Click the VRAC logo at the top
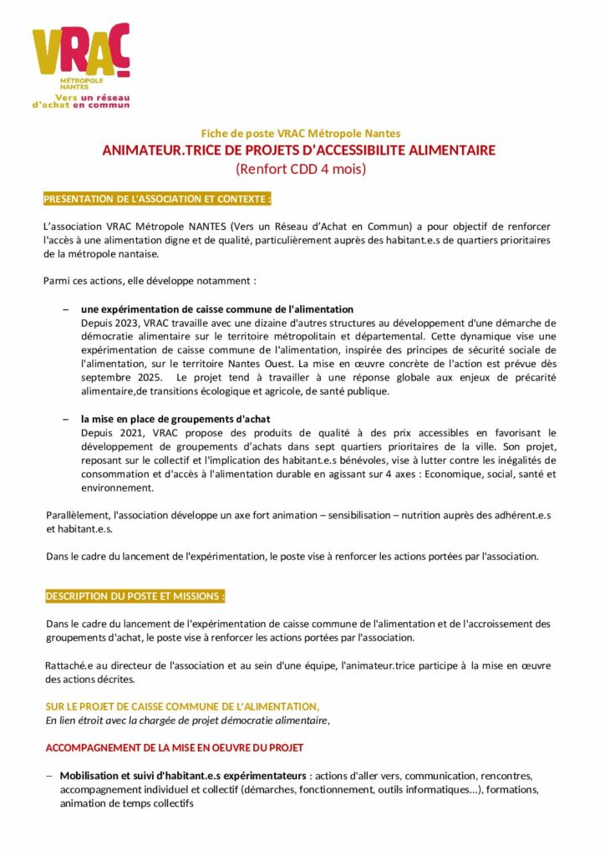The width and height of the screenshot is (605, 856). pos(80,54)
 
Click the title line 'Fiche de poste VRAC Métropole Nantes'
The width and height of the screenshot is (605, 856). pos(301,133)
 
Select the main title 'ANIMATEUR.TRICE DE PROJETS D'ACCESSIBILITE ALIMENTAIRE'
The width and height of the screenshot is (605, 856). pos(299,150)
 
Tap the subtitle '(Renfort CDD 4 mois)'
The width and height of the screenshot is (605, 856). pos(301,169)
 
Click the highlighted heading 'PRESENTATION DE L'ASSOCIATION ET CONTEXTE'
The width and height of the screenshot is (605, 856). pos(157,200)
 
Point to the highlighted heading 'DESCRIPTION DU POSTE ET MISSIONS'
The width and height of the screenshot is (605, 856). pos(135,596)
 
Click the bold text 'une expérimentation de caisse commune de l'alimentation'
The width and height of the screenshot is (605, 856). pos(216,309)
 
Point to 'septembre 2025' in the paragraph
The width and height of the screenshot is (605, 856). pos(122,378)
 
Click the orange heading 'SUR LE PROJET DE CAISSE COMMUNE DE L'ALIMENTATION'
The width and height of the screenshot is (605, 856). pos(182,706)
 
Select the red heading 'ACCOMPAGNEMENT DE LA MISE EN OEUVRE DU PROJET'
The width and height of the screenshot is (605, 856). pos(174,746)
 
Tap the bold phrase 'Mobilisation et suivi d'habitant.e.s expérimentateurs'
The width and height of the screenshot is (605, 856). pos(183,775)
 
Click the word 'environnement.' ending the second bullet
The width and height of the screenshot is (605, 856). pos(117,487)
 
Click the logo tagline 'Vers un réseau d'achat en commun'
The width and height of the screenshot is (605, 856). pos(80,102)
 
